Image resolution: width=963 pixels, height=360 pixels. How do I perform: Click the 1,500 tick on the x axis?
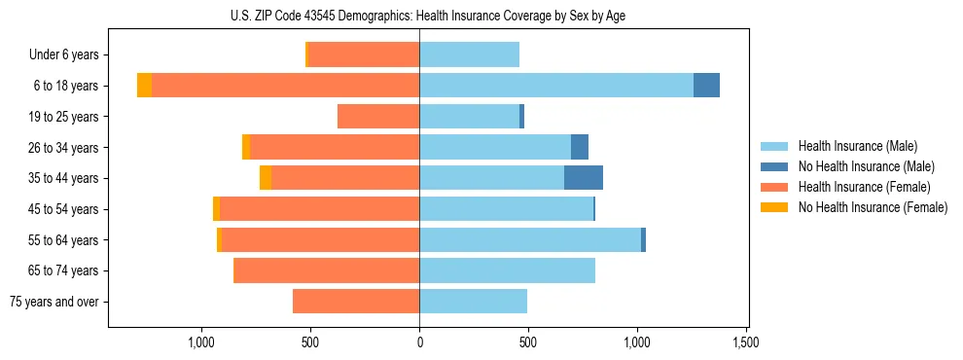pyautogui.click(x=746, y=342)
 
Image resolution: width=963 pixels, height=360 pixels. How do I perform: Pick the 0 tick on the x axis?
pyautogui.click(x=419, y=342)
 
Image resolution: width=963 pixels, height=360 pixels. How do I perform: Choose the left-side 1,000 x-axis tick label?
pyautogui.click(x=201, y=342)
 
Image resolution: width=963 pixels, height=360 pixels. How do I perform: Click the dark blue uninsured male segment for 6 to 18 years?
pyautogui.click(x=706, y=86)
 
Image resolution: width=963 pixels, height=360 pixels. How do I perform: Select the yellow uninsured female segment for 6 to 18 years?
pyautogui.click(x=144, y=86)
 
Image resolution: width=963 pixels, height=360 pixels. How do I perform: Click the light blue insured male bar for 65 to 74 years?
pyautogui.click(x=507, y=270)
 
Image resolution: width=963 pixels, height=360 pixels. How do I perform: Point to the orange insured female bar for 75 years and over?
pyautogui.click(x=356, y=302)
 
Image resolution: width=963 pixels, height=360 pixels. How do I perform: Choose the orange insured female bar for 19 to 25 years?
pyautogui.click(x=378, y=117)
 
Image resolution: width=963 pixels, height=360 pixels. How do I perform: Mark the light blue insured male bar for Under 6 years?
pyautogui.click(x=469, y=55)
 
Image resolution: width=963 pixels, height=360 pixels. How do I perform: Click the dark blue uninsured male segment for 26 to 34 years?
pyautogui.click(x=580, y=147)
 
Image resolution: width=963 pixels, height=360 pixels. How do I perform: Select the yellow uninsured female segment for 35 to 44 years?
pyautogui.click(x=266, y=178)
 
